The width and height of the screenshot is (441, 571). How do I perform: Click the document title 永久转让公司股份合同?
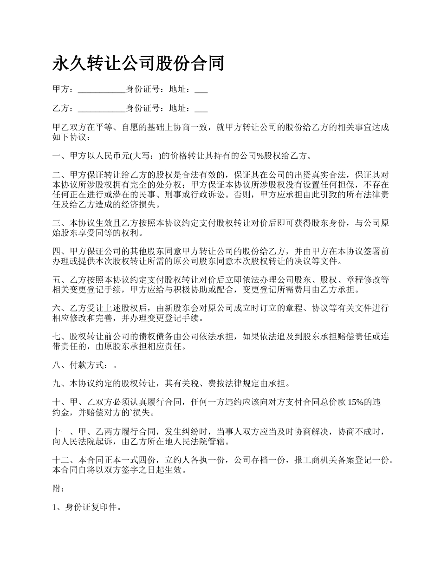tap(138, 63)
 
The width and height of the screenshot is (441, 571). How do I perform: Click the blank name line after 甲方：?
tap(102, 90)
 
